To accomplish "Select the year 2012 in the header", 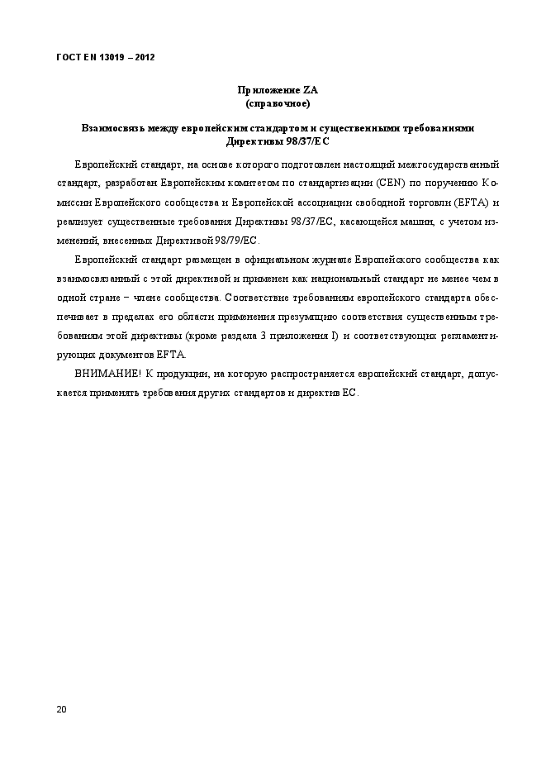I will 144,57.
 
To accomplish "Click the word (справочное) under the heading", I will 278,103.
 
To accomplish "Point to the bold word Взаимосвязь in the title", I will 108,128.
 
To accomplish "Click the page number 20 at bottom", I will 61,709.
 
